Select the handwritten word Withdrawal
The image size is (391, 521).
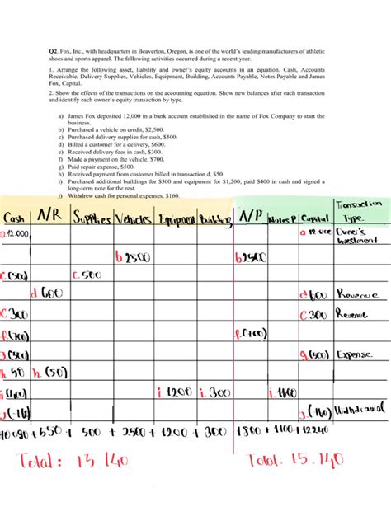pos(361,411)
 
